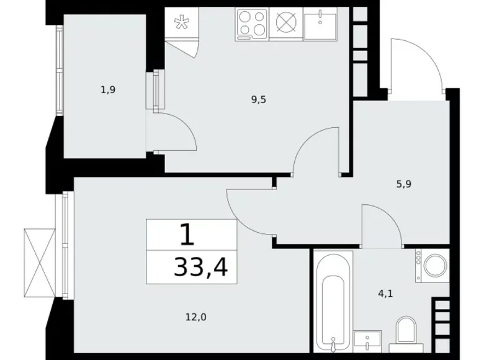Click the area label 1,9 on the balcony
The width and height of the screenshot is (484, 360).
(108, 89)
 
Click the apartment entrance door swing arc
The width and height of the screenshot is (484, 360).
(415, 62)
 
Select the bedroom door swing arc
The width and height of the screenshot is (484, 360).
(248, 208)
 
